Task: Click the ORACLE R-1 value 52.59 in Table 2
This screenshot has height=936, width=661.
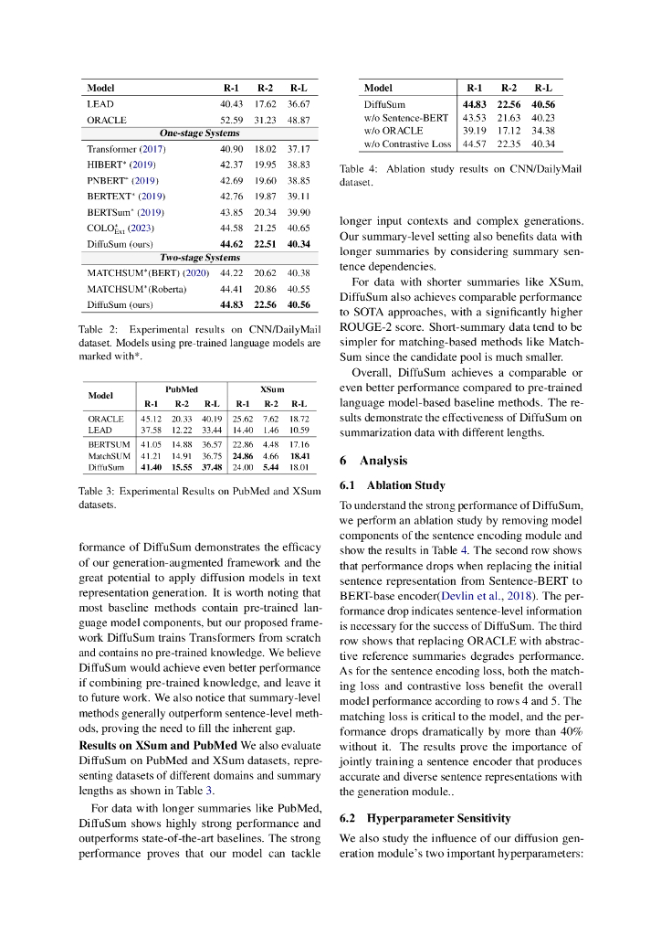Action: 230,120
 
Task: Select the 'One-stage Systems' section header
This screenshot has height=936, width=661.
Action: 200,133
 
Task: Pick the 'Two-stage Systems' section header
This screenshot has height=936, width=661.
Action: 200,258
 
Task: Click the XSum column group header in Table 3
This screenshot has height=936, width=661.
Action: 271,388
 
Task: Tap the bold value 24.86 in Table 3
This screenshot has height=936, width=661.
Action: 243,454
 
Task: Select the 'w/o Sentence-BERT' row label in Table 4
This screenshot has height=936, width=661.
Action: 403,118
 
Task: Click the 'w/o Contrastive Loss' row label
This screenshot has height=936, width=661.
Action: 407,144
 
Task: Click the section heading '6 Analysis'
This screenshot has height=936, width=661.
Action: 373,461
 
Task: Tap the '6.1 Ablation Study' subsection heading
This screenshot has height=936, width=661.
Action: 393,485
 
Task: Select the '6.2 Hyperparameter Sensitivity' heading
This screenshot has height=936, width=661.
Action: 425,817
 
